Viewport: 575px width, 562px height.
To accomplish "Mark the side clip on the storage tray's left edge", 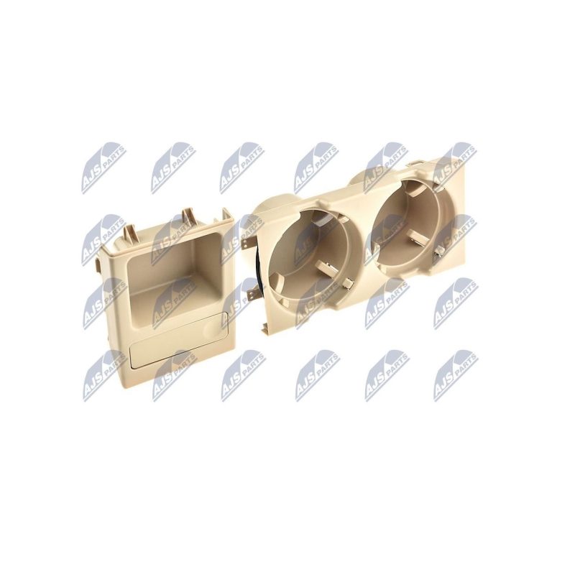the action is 99,264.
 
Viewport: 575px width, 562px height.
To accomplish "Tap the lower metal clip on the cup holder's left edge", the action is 252,294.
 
